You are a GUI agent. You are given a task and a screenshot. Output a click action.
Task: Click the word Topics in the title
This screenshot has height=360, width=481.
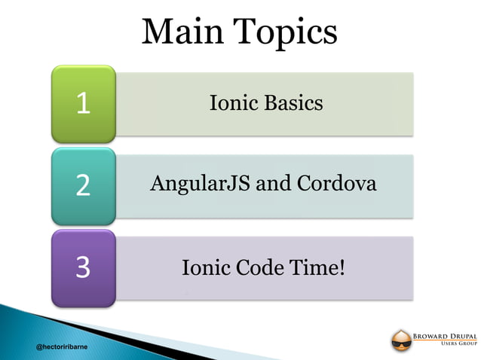[285, 32]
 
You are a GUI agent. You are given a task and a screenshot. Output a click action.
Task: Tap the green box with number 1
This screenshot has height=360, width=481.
[83, 104]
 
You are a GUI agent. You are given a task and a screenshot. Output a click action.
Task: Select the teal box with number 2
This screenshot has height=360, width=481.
[83, 185]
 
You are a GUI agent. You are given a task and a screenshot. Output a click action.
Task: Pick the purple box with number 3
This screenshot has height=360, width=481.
[83, 267]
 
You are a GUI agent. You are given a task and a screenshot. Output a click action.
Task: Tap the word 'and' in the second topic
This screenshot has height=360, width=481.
[270, 184]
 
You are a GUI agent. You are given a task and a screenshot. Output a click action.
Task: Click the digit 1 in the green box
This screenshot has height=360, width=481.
[83, 104]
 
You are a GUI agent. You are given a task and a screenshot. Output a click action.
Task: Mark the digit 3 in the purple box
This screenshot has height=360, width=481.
[83, 267]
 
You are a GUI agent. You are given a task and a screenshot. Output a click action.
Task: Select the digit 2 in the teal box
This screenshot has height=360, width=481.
[83, 185]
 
